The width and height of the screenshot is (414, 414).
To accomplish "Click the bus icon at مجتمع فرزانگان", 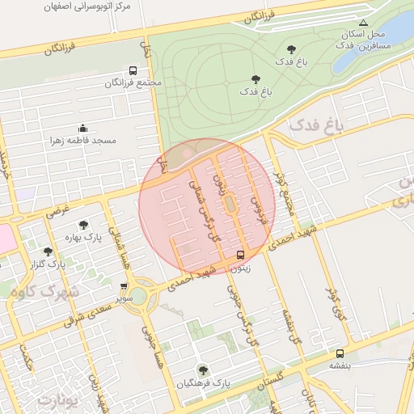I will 133,70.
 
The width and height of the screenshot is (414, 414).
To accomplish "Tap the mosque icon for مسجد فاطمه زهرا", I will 82,128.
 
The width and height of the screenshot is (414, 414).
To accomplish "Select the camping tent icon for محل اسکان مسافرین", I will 363,23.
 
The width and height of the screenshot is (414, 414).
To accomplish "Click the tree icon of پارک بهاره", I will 83,225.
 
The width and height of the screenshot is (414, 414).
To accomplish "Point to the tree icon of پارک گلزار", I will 48,251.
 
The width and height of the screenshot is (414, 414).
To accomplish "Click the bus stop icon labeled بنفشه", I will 340,353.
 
